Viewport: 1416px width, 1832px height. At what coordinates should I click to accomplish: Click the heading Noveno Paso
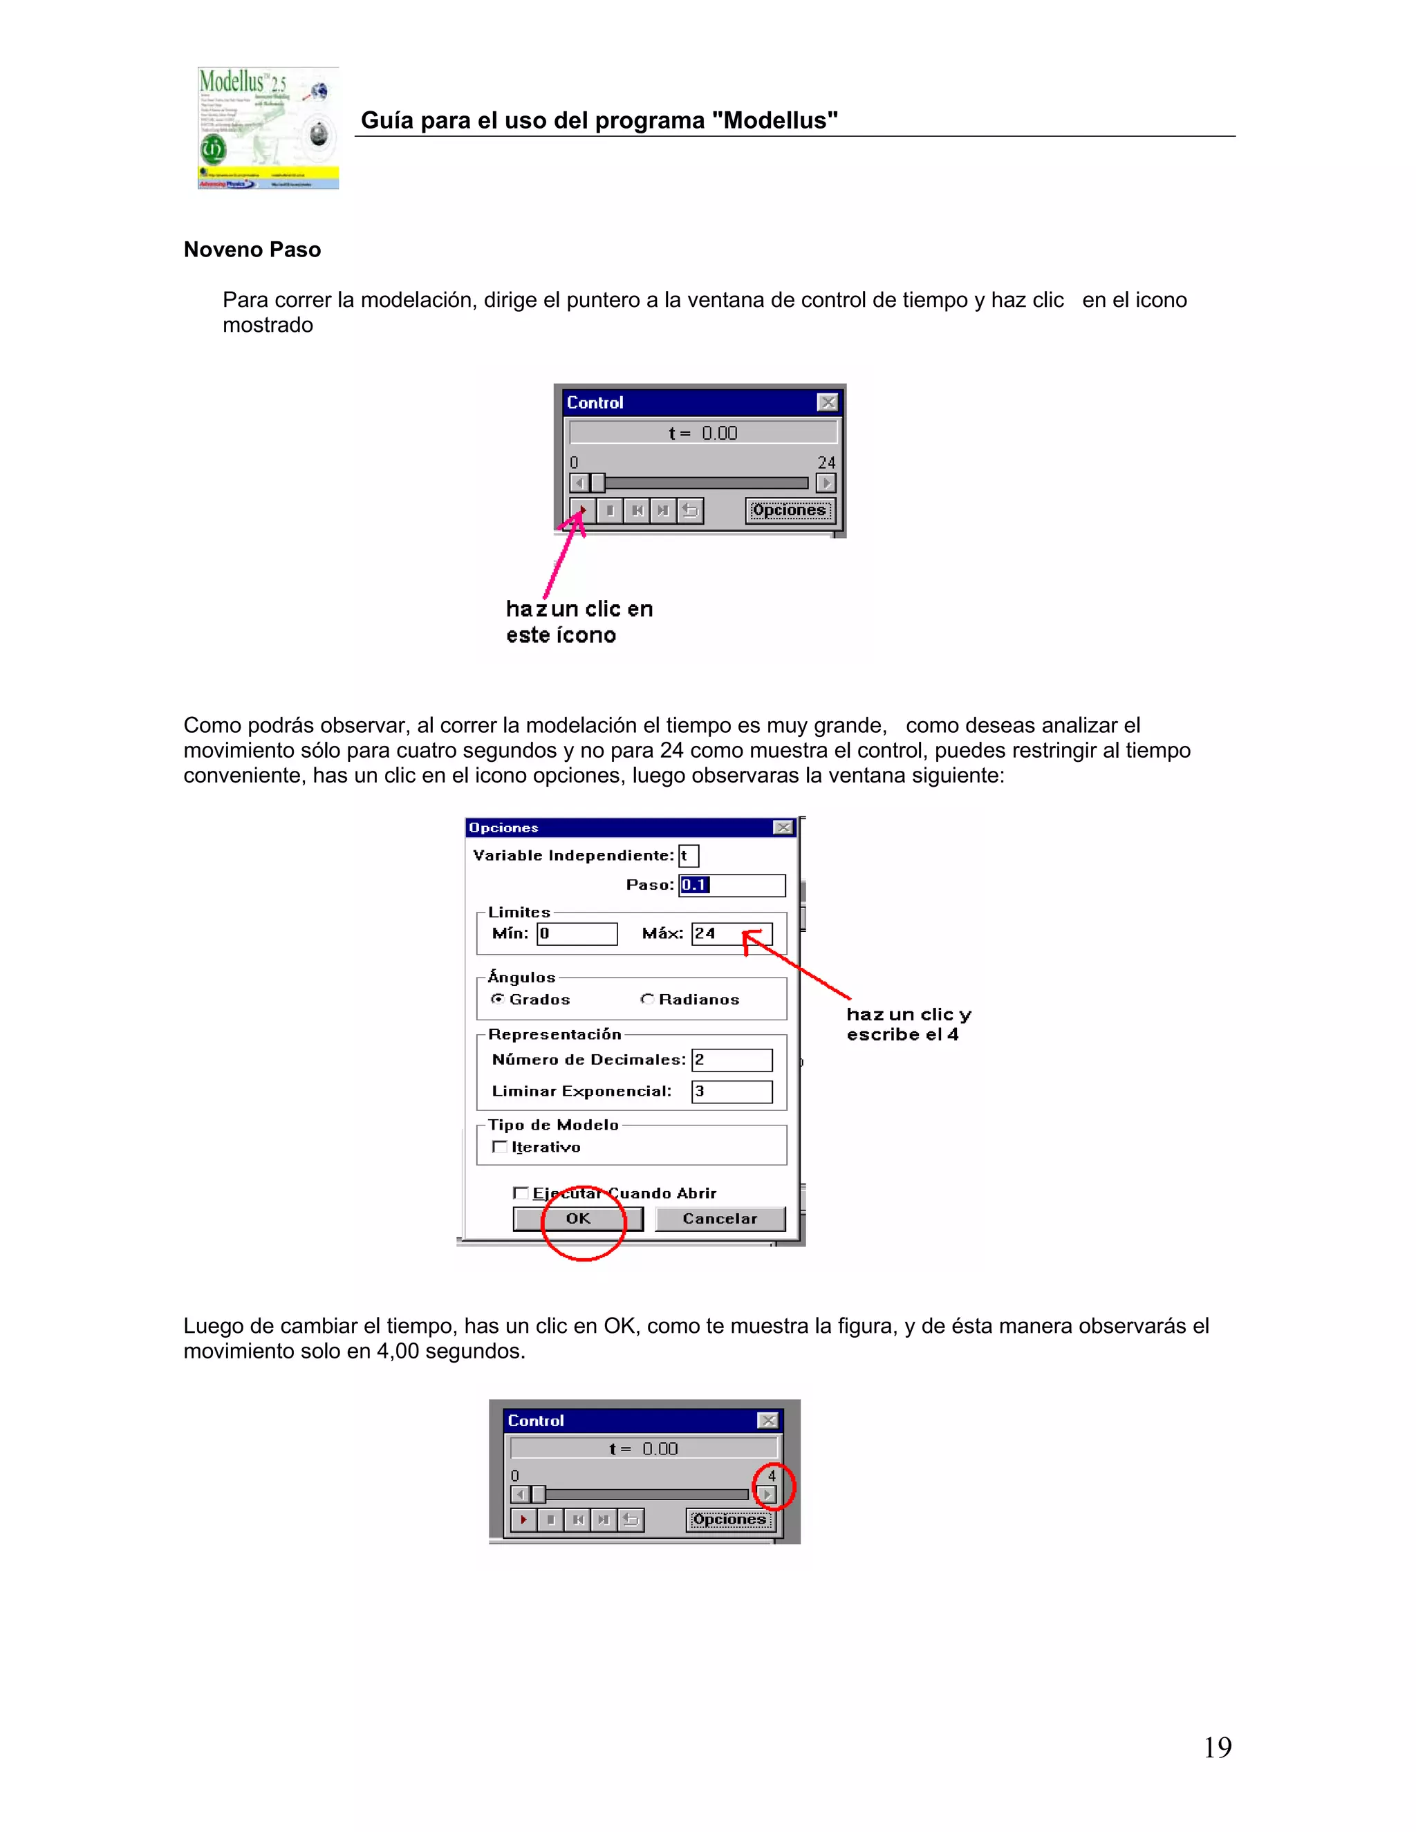pyautogui.click(x=252, y=250)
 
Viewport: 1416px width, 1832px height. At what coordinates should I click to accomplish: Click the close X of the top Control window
pyautogui.click(x=827, y=402)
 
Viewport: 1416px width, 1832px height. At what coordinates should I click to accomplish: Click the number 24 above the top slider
pyautogui.click(x=826, y=462)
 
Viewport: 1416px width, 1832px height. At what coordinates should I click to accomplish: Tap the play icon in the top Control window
pyautogui.click(x=583, y=510)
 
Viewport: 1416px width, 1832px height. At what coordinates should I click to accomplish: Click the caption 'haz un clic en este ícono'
pyautogui.click(x=579, y=621)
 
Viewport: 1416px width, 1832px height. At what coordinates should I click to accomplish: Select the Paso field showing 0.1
pyautogui.click(x=732, y=885)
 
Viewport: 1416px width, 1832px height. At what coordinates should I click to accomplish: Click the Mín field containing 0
pyautogui.click(x=577, y=933)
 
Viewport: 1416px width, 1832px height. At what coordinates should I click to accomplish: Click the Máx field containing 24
pyautogui.click(x=731, y=933)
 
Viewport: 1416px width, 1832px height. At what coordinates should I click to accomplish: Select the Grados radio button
pyautogui.click(x=497, y=999)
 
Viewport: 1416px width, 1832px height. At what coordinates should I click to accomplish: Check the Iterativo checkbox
pyautogui.click(x=500, y=1147)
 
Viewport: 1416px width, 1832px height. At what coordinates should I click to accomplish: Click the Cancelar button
pyautogui.click(x=720, y=1219)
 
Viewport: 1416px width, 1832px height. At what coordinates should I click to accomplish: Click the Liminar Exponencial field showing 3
pyautogui.click(x=732, y=1092)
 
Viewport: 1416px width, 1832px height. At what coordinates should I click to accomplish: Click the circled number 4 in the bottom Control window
pyautogui.click(x=772, y=1475)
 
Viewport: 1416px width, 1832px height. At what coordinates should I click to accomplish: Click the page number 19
pyautogui.click(x=1217, y=1747)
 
